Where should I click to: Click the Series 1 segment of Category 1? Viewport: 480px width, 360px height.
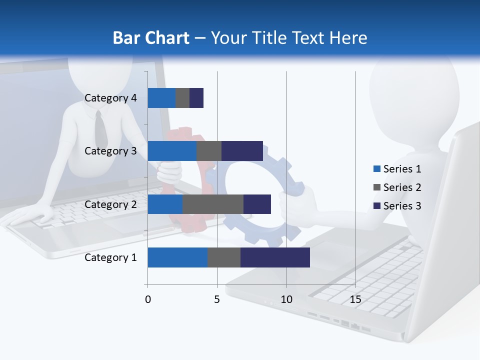coord(177,257)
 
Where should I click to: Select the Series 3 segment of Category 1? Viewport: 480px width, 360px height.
coord(275,257)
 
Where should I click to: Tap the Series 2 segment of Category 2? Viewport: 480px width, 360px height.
coord(213,204)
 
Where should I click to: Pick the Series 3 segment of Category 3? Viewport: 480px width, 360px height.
coord(242,151)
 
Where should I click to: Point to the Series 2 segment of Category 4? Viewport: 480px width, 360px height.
coord(182,98)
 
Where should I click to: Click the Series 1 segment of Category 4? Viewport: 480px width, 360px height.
coord(161,98)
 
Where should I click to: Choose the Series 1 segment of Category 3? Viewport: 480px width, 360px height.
coord(172,151)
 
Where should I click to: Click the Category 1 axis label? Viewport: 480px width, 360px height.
coord(110,257)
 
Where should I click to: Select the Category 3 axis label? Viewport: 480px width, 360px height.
coord(110,151)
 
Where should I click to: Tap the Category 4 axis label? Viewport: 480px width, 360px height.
coord(110,98)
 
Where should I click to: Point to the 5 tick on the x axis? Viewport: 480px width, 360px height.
coord(217,300)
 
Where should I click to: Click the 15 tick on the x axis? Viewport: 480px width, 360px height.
coord(355,300)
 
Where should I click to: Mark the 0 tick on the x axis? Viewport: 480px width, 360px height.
coord(148,300)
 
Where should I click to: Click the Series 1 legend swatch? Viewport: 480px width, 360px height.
coord(377,169)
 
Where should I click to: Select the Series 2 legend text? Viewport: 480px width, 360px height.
coord(402,187)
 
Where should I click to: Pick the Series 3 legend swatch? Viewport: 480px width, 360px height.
coord(377,206)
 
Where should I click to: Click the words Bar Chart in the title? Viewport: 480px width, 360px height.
coord(150,38)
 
